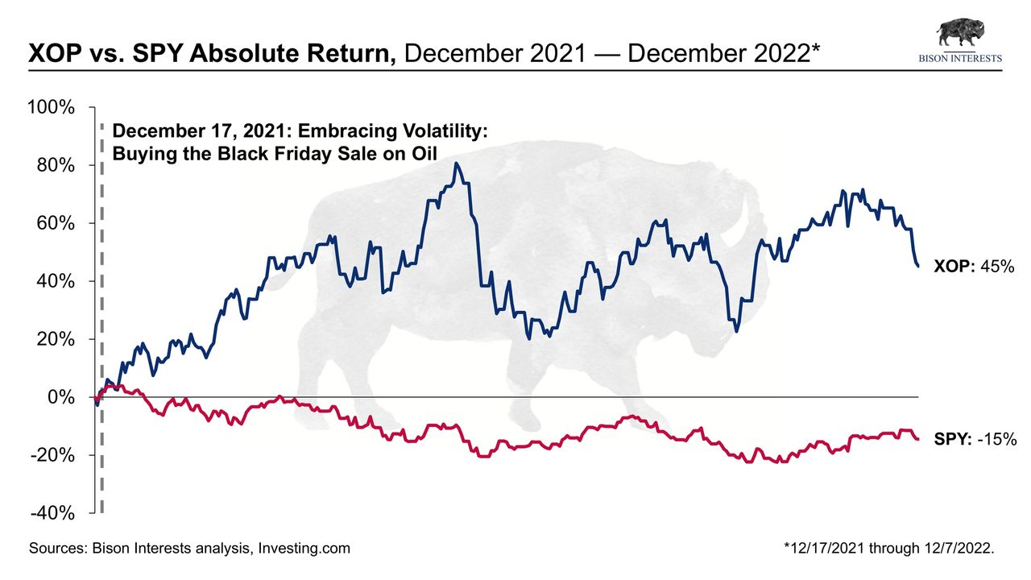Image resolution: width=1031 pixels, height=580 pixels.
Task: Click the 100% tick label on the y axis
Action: point(52,107)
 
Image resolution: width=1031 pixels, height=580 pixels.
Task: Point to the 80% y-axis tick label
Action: point(56,165)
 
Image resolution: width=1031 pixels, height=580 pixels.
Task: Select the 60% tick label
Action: point(56,223)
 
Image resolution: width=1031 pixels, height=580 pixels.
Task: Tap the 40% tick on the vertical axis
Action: point(56,281)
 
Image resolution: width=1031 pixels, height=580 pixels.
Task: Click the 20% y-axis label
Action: point(56,339)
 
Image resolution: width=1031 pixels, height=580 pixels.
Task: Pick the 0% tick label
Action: point(60,397)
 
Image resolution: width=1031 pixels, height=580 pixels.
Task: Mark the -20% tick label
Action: point(53,455)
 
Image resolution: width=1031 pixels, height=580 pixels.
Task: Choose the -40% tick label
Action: point(53,513)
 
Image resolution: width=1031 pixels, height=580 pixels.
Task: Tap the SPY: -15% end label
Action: point(975,439)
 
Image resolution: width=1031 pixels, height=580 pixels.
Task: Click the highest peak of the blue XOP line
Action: point(457,164)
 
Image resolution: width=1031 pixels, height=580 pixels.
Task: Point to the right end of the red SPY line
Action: point(918,439)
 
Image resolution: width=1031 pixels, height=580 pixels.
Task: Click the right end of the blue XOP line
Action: point(919,266)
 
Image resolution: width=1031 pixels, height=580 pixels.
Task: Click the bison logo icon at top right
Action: point(959,33)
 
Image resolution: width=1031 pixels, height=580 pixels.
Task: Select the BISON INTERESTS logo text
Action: point(960,58)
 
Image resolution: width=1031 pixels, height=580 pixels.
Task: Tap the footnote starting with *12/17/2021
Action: point(889,549)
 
